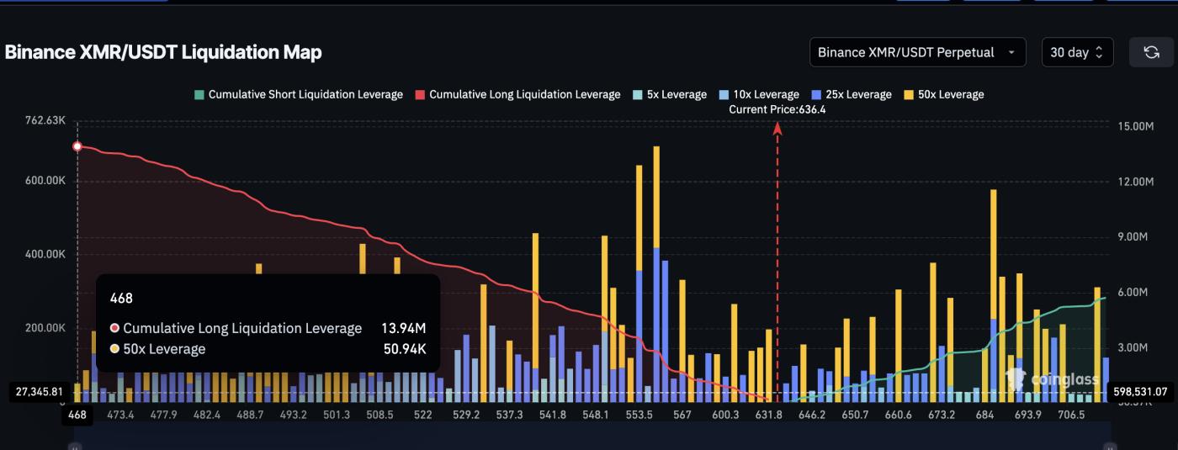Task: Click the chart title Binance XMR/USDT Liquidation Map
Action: pos(163,52)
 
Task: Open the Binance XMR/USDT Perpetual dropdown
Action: pos(917,52)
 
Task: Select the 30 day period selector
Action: pos(1077,52)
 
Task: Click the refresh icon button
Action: pos(1151,52)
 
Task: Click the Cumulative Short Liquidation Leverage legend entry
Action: pos(299,94)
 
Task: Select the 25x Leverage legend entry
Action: pos(851,94)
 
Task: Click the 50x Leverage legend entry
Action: pos(943,94)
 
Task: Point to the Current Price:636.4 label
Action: pos(777,109)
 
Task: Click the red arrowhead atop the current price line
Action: pos(777,128)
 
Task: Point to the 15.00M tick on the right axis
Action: pos(1135,126)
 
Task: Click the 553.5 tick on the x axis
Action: pos(640,415)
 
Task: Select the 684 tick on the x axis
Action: pos(985,415)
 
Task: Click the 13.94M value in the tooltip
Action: pos(404,328)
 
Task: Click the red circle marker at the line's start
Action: pos(77,146)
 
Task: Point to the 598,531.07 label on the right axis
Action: pos(1139,391)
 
